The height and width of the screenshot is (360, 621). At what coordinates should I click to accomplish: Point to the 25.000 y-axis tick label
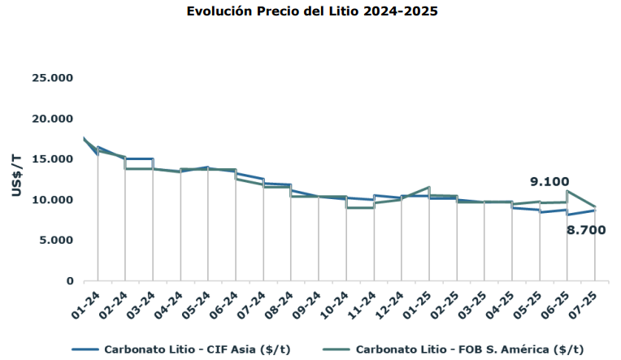(x=53, y=78)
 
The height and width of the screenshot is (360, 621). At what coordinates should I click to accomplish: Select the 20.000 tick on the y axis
(x=53, y=119)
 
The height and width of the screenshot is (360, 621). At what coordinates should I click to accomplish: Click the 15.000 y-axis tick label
(x=53, y=159)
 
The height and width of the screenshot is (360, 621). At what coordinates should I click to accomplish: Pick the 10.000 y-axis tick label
(x=53, y=200)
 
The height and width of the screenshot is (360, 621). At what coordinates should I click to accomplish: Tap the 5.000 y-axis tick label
(x=56, y=241)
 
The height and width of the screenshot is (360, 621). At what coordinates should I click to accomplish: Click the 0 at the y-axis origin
(x=70, y=281)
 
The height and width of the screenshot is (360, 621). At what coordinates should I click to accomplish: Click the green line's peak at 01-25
(x=428, y=188)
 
